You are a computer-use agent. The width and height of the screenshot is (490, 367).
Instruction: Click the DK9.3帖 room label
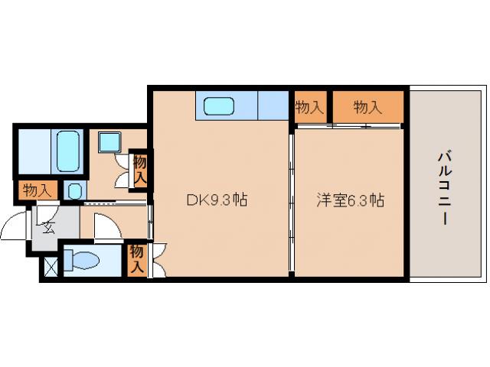[x=217, y=200]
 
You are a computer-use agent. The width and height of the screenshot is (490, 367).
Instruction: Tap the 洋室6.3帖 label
[x=351, y=200]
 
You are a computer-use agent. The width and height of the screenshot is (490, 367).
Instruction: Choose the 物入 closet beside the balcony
[x=367, y=108]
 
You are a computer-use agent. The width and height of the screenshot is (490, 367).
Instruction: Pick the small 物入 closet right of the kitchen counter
[x=309, y=108]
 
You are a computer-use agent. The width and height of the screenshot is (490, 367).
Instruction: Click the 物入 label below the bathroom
[x=35, y=190]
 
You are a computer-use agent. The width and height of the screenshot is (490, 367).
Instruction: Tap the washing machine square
[x=106, y=141]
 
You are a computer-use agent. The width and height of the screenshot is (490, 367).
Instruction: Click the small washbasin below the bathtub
[x=74, y=191]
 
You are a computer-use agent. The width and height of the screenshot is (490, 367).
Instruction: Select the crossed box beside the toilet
[x=51, y=268]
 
